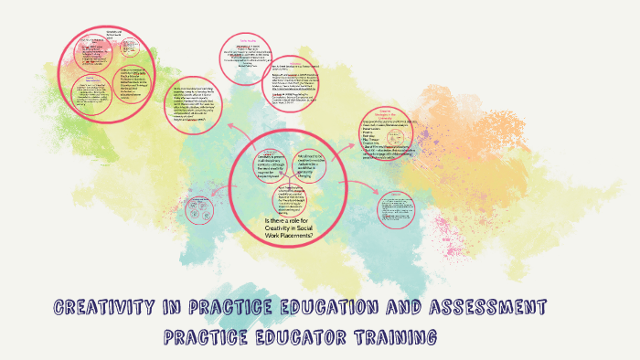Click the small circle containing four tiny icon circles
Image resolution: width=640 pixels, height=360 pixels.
point(198,210)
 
